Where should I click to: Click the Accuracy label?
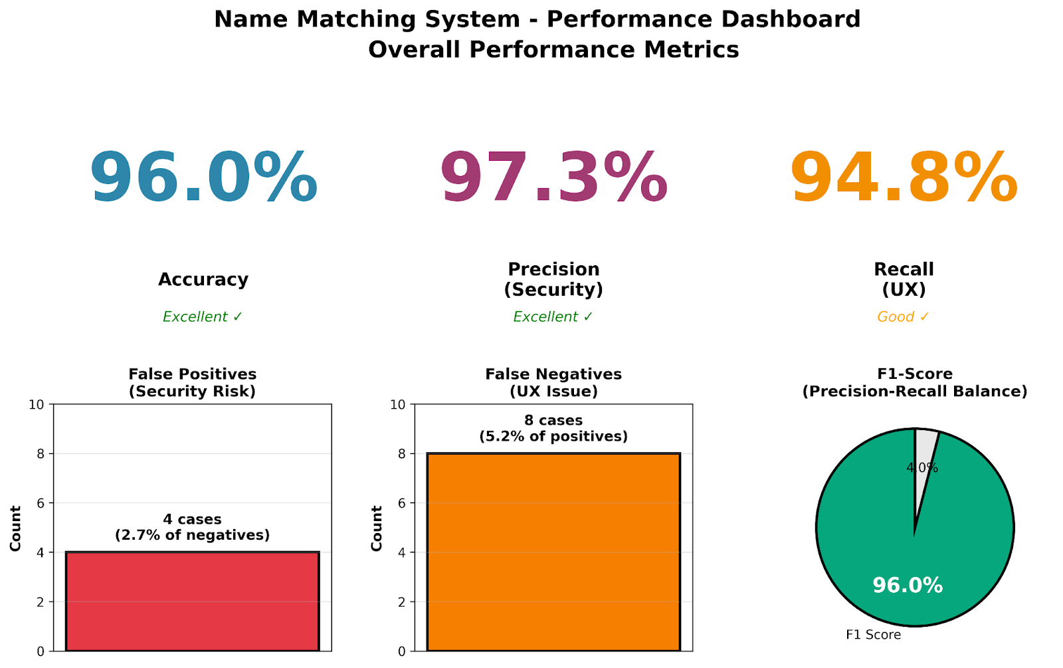click(203, 279)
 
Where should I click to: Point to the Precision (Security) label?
click(553, 279)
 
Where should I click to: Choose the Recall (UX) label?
click(904, 279)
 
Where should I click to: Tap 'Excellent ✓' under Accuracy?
click(203, 317)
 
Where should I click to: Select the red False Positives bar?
click(192, 602)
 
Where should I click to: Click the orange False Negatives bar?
click(553, 552)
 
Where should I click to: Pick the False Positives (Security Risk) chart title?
click(192, 383)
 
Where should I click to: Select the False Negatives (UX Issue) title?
click(553, 383)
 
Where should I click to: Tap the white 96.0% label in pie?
click(908, 586)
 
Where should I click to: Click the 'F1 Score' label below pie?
click(873, 635)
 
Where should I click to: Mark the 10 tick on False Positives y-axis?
click(37, 405)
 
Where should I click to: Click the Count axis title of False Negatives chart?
click(377, 528)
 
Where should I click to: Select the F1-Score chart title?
click(915, 383)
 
